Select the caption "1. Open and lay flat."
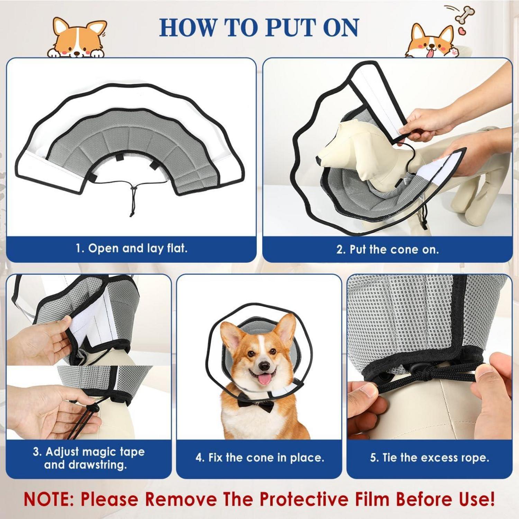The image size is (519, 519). click(131, 248)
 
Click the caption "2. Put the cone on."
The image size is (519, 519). click(388, 249)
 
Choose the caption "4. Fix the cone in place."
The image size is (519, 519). click(260, 457)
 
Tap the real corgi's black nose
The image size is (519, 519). click(265, 366)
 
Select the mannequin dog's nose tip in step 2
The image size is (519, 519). click(319, 160)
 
